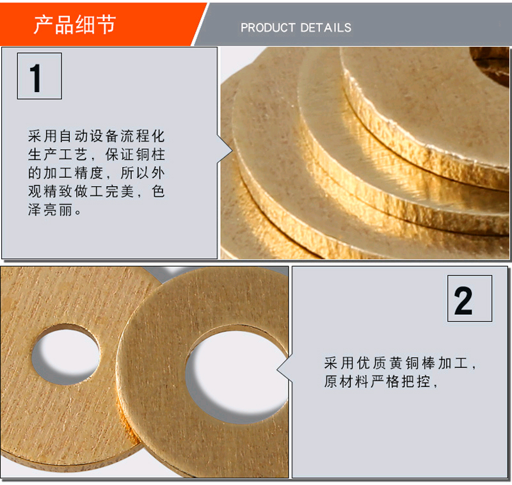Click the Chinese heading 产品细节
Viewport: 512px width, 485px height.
click(75, 24)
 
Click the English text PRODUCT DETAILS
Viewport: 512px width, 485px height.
click(296, 28)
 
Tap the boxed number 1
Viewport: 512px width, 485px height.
click(40, 76)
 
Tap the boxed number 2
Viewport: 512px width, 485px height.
click(470, 298)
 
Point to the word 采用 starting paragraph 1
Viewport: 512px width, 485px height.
click(43, 136)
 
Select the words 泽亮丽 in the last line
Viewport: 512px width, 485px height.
click(50, 211)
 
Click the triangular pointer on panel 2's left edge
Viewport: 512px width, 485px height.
click(284, 369)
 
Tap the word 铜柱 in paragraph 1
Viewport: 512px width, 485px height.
click(151, 154)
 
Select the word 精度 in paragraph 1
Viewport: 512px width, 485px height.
click(89, 173)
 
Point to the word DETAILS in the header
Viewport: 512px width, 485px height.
click(326, 28)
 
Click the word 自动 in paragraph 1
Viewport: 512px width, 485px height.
click(74, 136)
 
